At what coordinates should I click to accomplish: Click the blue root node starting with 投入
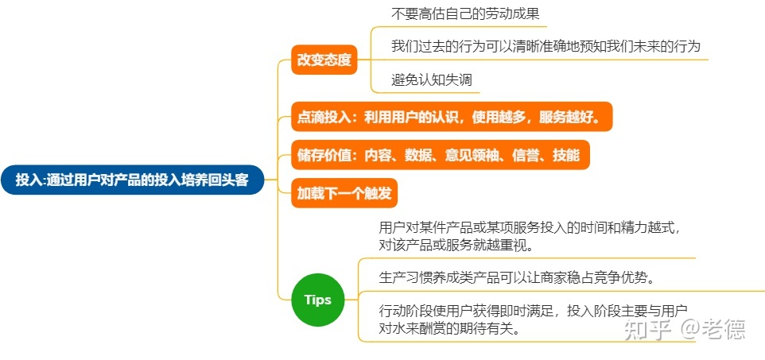132,180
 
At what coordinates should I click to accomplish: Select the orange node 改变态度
324,60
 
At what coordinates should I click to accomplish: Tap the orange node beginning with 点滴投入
452,117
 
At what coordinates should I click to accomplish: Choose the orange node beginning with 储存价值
440,155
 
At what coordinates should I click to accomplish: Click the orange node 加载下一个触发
344,193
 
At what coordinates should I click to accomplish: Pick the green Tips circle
317,300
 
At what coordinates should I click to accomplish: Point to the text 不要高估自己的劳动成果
465,14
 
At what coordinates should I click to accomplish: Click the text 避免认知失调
432,79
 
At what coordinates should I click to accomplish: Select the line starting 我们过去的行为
546,46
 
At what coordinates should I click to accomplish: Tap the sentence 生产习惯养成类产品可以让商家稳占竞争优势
517,277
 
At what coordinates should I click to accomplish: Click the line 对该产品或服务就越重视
456,246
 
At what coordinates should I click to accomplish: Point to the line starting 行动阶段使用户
534,310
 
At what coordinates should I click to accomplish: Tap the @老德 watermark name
713,330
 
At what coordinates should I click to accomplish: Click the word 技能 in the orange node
566,155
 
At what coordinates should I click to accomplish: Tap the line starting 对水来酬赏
449,327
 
